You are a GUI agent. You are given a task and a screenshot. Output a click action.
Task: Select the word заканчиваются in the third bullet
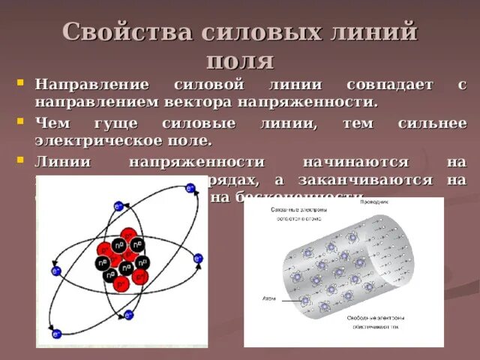coord(379,180)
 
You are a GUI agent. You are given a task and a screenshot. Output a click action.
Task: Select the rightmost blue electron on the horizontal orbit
coord(198,259)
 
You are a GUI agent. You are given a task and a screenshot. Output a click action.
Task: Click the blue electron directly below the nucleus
coord(128,315)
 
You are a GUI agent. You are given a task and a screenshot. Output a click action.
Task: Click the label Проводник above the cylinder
coord(373,202)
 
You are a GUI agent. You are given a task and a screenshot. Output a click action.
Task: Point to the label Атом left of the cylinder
coord(268,298)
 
